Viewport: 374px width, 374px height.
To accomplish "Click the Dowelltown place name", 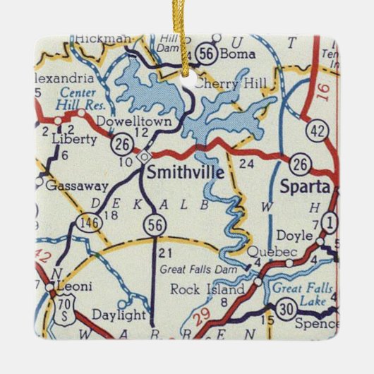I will point(105,120).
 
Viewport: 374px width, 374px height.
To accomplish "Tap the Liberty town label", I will point(75,140).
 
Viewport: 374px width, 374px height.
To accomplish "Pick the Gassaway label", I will point(76,186).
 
